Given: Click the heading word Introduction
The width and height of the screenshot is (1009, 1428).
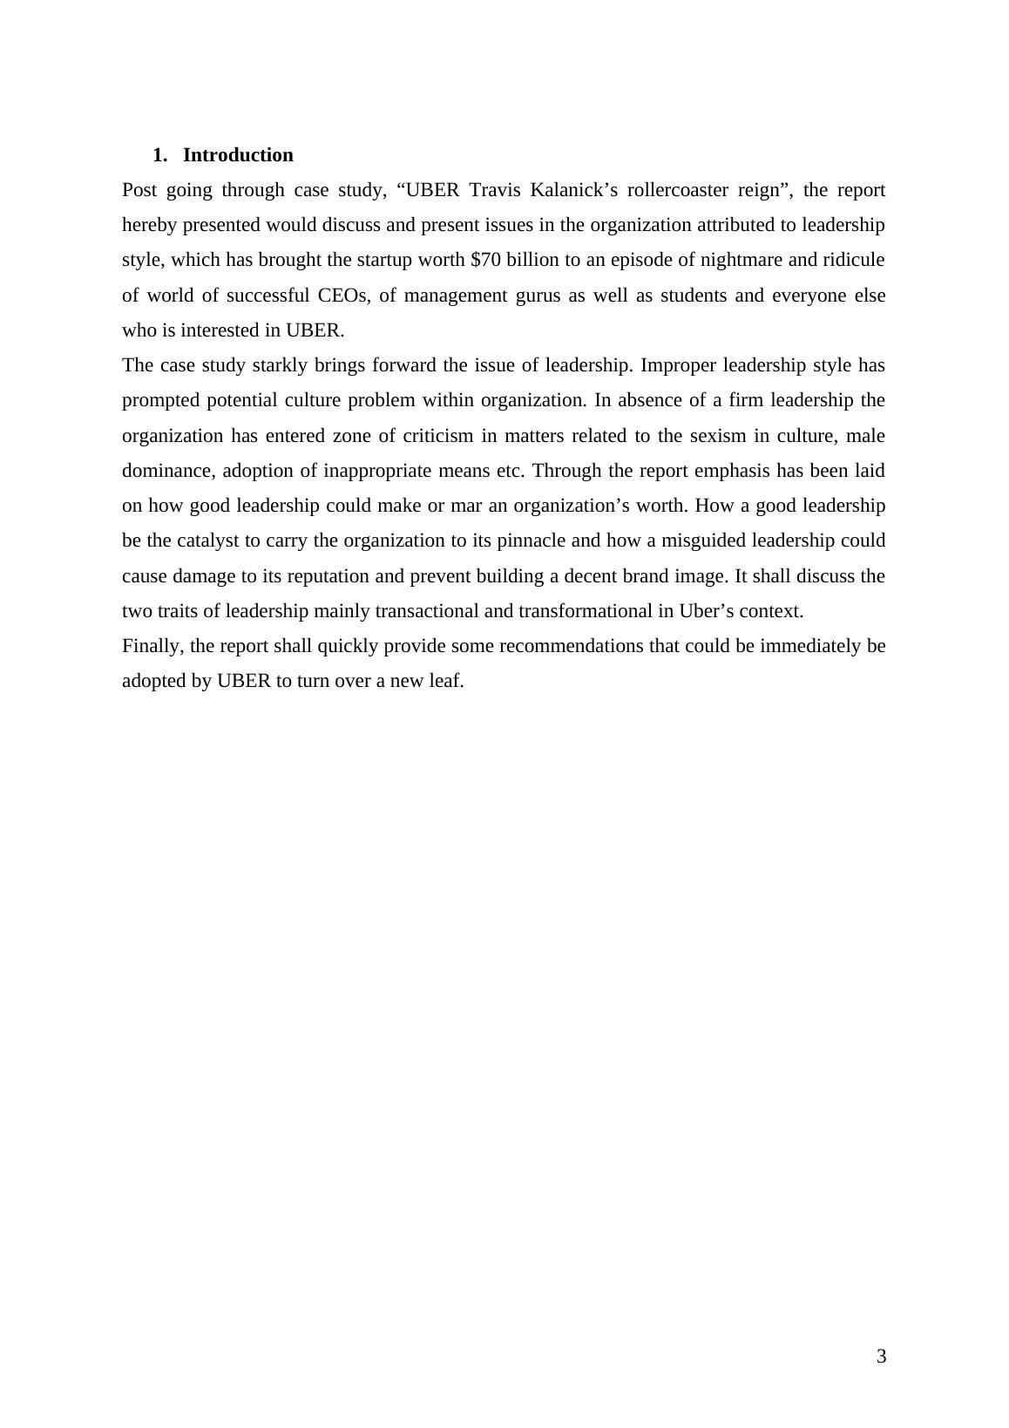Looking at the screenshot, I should click(x=238, y=155).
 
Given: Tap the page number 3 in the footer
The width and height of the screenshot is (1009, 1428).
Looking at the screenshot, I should click(x=881, y=1357).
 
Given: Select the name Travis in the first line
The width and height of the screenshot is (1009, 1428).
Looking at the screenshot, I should click(x=496, y=190).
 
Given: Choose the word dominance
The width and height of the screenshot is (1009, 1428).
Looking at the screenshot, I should click(x=168, y=471).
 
